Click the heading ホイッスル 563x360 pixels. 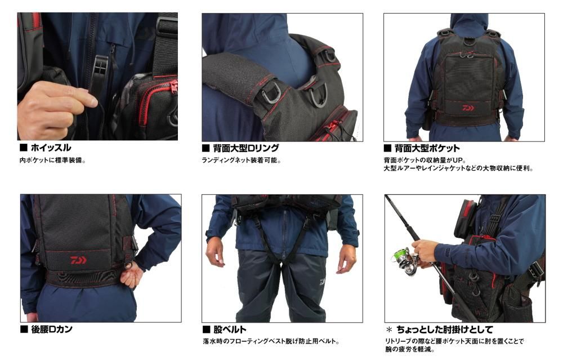[x=51, y=148]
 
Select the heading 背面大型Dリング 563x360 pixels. [x=246, y=148]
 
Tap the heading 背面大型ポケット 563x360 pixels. [x=427, y=148]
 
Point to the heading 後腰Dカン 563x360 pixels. [x=51, y=329]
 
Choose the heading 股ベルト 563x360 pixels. [x=230, y=330]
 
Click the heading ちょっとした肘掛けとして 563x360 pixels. [x=445, y=330]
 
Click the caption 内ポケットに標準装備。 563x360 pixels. [x=53, y=160]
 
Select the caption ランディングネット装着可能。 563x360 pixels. [x=242, y=160]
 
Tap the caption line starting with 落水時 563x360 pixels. [x=271, y=341]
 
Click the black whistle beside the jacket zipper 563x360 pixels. [x=101, y=74]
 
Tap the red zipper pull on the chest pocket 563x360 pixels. [x=174, y=87]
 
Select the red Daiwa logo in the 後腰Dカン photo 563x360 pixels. [x=78, y=260]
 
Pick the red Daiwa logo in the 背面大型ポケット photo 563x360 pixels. [x=468, y=108]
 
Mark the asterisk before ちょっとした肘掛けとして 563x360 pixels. [x=389, y=330]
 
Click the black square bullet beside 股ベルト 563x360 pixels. [x=206, y=330]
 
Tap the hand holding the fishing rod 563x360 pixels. [x=425, y=250]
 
